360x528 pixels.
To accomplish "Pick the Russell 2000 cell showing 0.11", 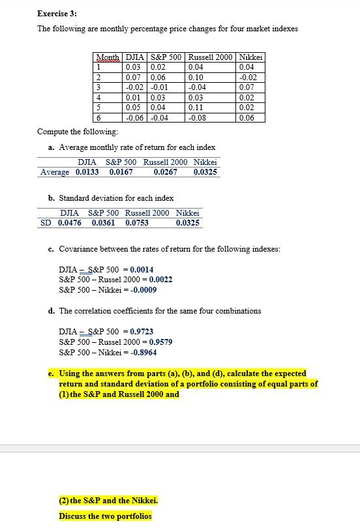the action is pyautogui.click(x=196, y=108).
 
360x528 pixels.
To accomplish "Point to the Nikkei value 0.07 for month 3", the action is pyautogui.click(x=247, y=87).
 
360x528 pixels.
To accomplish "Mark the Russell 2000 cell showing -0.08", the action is pyautogui.click(x=197, y=118).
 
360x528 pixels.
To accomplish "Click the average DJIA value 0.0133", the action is pyautogui.click(x=87, y=172).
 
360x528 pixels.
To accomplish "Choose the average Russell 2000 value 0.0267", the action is pyautogui.click(x=166, y=172).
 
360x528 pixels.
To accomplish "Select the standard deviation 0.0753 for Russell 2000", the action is pyautogui.click(x=137, y=223).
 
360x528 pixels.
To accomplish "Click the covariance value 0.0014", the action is pyautogui.click(x=142, y=269).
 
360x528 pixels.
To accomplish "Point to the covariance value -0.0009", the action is pyautogui.click(x=143, y=289).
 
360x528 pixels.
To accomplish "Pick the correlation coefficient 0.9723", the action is pyautogui.click(x=142, y=332).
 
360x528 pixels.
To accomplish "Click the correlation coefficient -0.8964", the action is pyautogui.click(x=143, y=352).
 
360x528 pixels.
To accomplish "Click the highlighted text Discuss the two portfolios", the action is pyautogui.click(x=105, y=516).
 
